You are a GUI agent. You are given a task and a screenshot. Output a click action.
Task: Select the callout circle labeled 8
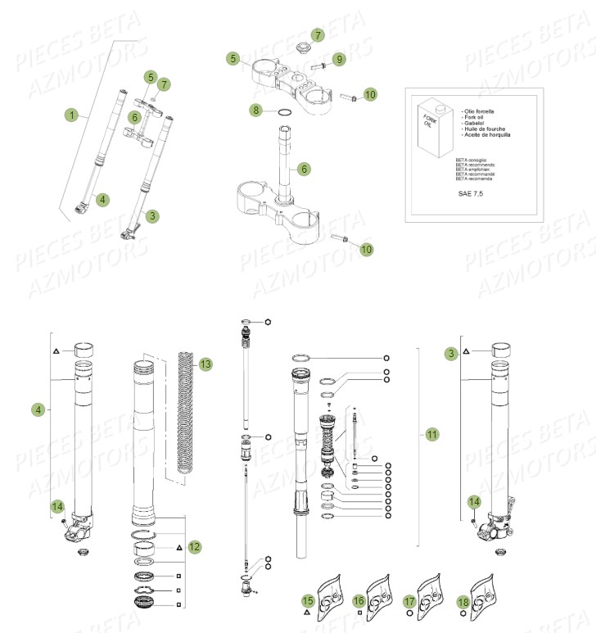(255, 109)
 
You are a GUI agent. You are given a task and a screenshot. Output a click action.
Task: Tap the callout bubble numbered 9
(339, 59)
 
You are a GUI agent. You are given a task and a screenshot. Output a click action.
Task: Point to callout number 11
(431, 434)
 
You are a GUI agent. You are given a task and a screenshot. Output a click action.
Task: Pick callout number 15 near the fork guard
(308, 602)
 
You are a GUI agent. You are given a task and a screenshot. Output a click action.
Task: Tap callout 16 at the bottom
(359, 602)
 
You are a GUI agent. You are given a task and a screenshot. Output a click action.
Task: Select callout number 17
(409, 602)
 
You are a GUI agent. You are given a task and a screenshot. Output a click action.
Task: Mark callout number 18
(463, 602)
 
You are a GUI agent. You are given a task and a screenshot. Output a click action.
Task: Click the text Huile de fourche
(481, 129)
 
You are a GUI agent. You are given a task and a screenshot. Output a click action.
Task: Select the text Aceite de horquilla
(483, 135)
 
